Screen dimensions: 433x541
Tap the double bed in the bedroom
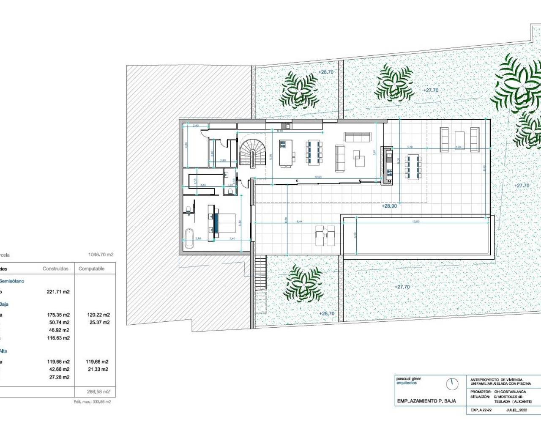(x=223, y=223)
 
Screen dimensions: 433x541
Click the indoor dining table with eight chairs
(x=314, y=152)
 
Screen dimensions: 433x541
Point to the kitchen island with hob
(x=286, y=153)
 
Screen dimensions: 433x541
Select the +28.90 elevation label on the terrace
(x=389, y=206)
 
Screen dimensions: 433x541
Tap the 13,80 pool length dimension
(x=415, y=221)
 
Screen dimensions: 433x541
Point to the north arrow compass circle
(x=452, y=384)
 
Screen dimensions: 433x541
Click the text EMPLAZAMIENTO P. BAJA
(x=426, y=401)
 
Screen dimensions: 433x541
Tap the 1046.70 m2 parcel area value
(x=101, y=255)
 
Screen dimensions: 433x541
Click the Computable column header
(x=91, y=269)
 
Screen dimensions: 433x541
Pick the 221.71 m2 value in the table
(x=58, y=292)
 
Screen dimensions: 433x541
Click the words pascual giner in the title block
(x=409, y=378)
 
